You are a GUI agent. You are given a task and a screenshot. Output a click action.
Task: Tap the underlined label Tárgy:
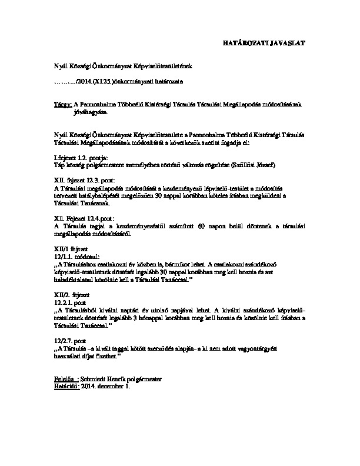(x=62, y=104)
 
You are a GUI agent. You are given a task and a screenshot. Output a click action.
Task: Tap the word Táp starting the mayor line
(x=58, y=165)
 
